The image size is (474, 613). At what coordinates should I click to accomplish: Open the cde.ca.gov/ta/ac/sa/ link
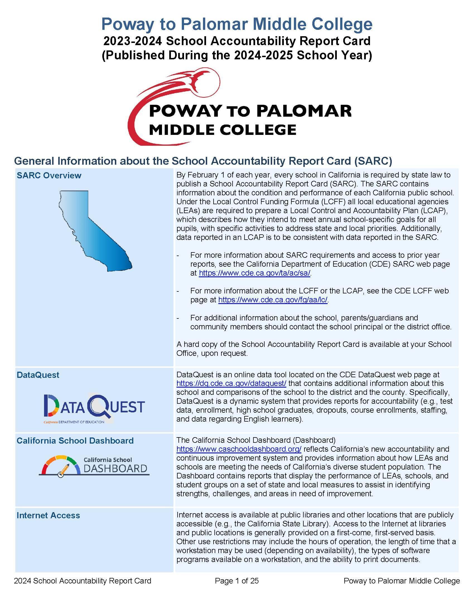point(254,273)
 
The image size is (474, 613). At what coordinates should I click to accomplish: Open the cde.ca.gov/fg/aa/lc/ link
point(273,300)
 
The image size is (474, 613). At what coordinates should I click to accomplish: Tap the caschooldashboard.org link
point(239,449)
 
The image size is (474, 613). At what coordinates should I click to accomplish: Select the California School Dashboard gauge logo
point(94,467)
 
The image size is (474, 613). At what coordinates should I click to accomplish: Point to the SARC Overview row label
point(49,176)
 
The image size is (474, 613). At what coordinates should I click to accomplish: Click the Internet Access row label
point(48,515)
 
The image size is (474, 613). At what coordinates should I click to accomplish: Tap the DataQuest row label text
point(38,375)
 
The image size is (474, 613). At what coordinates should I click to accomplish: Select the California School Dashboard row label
point(75,441)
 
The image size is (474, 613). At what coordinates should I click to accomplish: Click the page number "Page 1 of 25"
point(237,581)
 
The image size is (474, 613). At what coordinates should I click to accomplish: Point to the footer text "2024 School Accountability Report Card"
point(83,581)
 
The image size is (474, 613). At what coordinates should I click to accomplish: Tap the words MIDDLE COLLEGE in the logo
point(223,130)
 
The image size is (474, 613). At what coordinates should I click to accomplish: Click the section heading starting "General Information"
point(203,161)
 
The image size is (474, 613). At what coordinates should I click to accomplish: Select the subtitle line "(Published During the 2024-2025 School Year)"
point(237,55)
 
